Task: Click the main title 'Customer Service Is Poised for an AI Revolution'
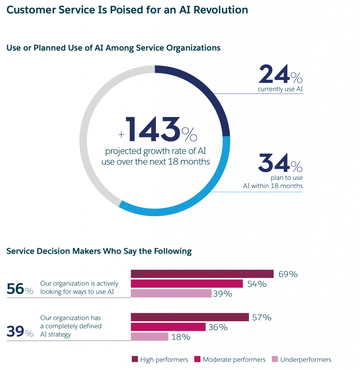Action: tap(127, 10)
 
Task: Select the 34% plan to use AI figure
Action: tap(280, 163)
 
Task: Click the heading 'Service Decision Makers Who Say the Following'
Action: tap(99, 251)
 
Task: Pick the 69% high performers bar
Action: tap(202, 274)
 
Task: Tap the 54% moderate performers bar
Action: tap(186, 284)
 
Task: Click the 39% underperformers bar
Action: tap(171, 293)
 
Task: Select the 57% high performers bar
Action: tap(190, 317)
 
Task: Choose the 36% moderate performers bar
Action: tap(168, 327)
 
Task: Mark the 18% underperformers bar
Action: tap(149, 337)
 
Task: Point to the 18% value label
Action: tap(181, 337)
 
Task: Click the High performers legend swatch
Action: tap(135, 359)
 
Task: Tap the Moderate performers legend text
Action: tap(234, 360)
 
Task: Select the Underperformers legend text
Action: tap(306, 360)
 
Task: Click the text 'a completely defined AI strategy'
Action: tap(71, 330)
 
